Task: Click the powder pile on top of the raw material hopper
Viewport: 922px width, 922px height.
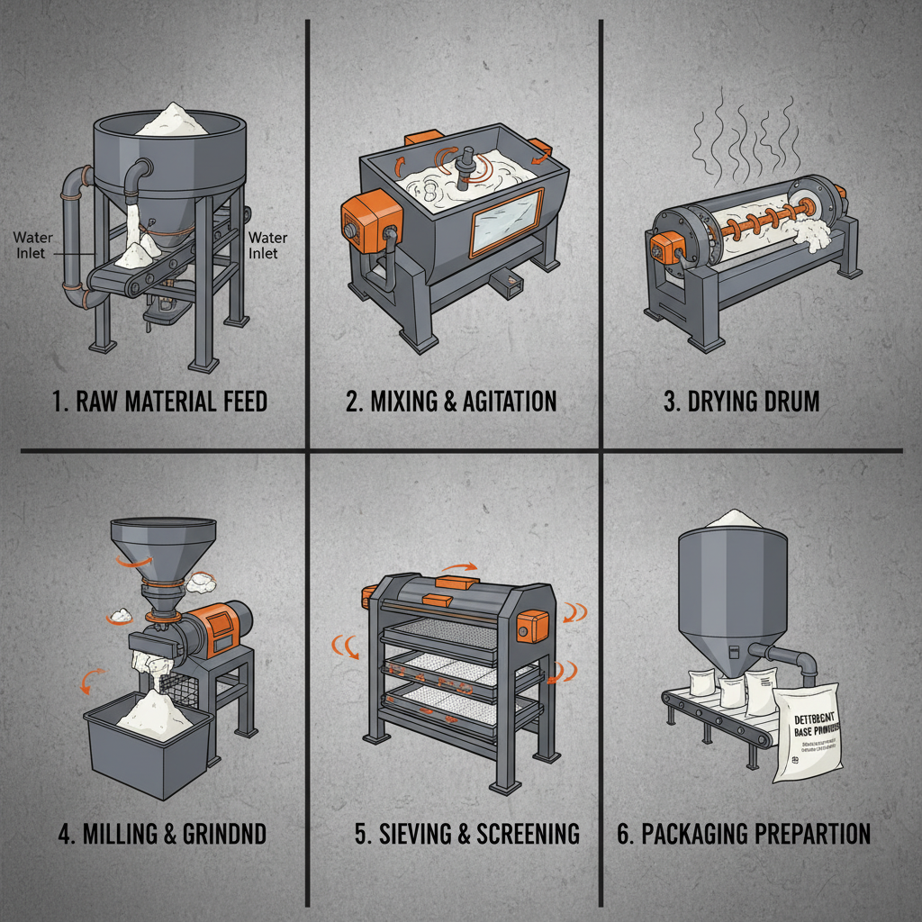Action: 172,121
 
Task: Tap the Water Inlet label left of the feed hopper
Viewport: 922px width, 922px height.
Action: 32,245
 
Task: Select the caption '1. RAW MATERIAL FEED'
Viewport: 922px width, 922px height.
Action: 159,400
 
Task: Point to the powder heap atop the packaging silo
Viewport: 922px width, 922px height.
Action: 731,519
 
